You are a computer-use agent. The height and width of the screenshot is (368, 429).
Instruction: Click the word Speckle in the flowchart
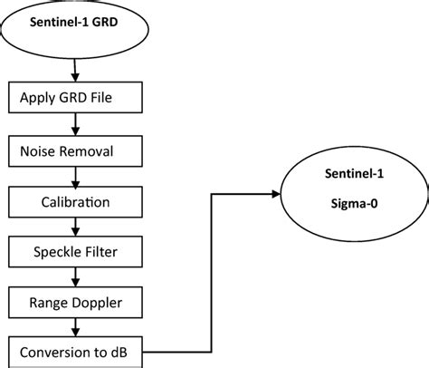(56, 247)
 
